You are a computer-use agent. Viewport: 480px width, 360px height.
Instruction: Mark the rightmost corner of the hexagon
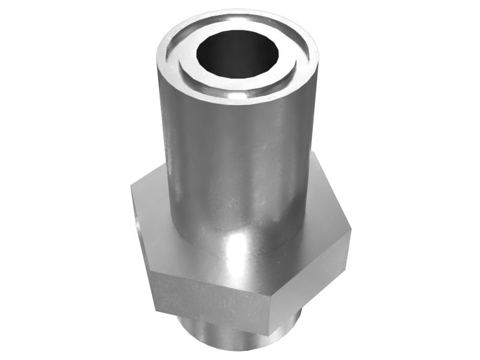click(350, 231)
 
